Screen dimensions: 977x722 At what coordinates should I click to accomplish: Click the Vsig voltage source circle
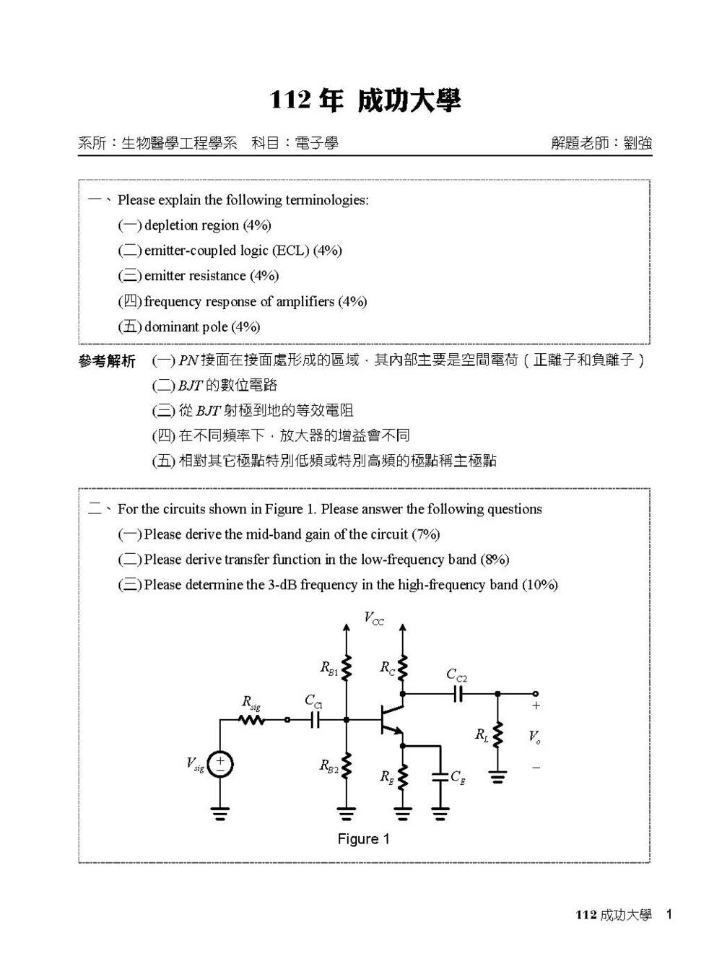point(220,764)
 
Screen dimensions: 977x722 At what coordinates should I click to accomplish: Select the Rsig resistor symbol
point(253,719)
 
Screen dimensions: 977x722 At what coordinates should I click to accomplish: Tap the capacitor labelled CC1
point(315,719)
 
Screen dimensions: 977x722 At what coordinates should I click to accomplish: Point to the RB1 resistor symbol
point(347,668)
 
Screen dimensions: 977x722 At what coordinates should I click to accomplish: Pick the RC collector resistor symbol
point(403,668)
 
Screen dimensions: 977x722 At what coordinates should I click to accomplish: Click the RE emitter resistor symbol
point(403,777)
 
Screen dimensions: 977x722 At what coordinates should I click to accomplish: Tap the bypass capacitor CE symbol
point(440,777)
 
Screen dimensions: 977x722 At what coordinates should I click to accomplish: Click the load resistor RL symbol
point(497,736)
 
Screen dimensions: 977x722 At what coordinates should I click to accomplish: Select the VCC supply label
point(374,618)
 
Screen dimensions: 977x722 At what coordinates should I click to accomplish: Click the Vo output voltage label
point(534,737)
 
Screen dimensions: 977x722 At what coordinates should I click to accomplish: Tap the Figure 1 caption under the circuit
point(363,838)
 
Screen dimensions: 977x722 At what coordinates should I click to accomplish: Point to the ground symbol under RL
point(497,777)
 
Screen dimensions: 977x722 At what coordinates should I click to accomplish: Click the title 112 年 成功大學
point(365,100)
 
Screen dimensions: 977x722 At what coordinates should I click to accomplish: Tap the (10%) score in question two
point(540,585)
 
